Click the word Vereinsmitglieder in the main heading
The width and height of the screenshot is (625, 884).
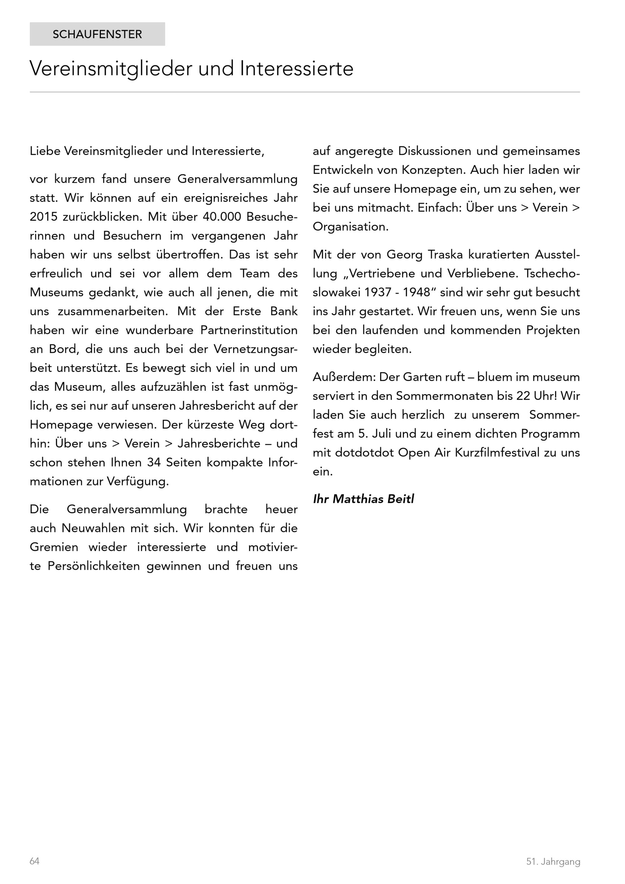point(111,68)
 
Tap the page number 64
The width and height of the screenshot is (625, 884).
point(35,861)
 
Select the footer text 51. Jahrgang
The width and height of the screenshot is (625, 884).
point(553,861)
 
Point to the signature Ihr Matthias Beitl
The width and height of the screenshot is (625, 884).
point(363,499)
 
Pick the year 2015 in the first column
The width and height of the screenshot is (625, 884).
point(43,217)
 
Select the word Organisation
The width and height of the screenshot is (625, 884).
point(350,227)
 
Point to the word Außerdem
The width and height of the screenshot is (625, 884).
point(344,377)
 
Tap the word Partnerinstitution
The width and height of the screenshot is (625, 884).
point(249,330)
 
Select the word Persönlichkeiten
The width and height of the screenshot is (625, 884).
point(93,566)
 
